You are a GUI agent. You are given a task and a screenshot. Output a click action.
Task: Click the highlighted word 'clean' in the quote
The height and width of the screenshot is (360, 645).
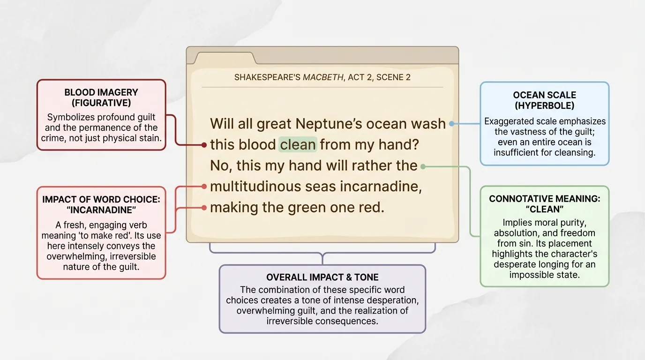298,145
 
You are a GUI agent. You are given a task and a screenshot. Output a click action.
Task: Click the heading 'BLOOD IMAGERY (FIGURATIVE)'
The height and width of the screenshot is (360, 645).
101,97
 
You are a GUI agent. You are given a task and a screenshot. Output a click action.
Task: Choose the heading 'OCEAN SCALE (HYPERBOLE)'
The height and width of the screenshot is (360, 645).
544,100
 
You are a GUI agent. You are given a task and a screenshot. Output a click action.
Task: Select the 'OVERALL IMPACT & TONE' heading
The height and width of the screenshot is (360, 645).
322,277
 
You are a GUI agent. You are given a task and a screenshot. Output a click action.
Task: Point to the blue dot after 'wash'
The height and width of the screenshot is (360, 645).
451,124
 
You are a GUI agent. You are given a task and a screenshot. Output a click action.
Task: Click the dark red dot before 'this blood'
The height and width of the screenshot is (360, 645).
204,145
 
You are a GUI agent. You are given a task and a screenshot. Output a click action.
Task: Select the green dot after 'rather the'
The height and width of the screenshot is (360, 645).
423,166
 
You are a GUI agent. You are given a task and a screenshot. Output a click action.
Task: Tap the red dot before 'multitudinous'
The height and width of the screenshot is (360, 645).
204,187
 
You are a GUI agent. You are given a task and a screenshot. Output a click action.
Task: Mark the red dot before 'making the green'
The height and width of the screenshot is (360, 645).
204,208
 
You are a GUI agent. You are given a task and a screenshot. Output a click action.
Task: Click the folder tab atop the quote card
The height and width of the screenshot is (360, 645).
225,58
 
